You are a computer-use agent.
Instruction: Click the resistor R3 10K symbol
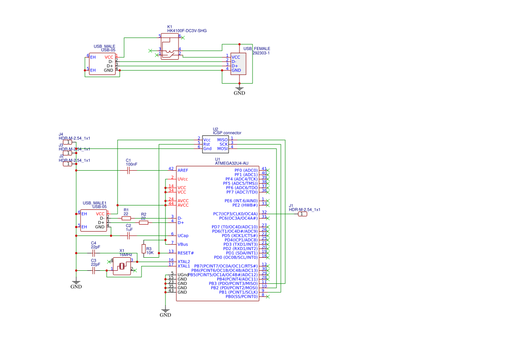(x=143, y=249)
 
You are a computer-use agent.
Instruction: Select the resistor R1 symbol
(x=126, y=218)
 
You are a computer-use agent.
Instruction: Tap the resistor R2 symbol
(x=144, y=222)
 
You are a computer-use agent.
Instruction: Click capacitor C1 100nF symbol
(x=128, y=171)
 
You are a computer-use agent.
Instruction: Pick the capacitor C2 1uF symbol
(x=128, y=236)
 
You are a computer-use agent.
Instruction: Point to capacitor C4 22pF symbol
(x=93, y=253)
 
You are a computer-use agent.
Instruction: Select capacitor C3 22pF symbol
(x=93, y=270)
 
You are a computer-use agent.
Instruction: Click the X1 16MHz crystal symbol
(x=121, y=266)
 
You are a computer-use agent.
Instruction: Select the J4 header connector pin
(x=67, y=142)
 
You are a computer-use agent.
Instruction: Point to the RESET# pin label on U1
(x=185, y=253)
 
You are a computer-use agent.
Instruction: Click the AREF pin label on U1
(x=183, y=170)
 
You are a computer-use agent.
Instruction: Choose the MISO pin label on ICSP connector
(x=222, y=139)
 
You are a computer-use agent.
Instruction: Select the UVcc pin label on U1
(x=183, y=179)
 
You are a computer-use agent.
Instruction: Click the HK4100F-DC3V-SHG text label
(x=187, y=31)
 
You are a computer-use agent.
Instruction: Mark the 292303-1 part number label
(x=261, y=53)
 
